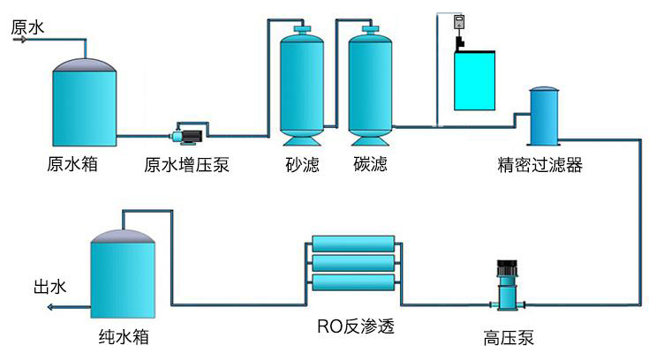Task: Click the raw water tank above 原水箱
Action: tap(85, 103)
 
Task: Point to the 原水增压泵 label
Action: tap(187, 165)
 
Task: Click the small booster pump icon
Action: tap(188, 136)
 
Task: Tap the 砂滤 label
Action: tap(302, 165)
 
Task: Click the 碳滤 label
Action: tap(370, 165)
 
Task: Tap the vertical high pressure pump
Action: tap(508, 284)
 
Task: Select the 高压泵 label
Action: tap(509, 337)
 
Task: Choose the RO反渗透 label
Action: tap(355, 326)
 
